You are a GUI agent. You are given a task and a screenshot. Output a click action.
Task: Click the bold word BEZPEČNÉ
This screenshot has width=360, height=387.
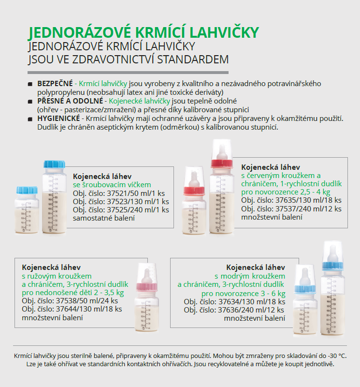coord(55,84)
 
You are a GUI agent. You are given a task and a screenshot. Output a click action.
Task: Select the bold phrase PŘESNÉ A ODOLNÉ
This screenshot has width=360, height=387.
coord(70,101)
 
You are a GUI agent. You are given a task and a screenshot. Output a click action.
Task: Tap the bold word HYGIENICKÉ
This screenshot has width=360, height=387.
coord(58,119)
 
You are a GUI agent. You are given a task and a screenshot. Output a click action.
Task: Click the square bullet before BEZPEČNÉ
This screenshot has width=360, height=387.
coord(31,84)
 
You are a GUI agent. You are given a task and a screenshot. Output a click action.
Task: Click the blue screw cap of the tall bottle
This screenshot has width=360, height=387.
coord(54,164)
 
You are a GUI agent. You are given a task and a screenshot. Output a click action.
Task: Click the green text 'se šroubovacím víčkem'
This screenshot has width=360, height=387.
coord(112,185)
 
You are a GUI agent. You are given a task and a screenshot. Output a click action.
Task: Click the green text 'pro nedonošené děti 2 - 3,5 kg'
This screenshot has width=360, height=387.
coord(73,292)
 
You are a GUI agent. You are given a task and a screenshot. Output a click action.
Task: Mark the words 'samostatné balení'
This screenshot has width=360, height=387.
coord(103,218)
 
